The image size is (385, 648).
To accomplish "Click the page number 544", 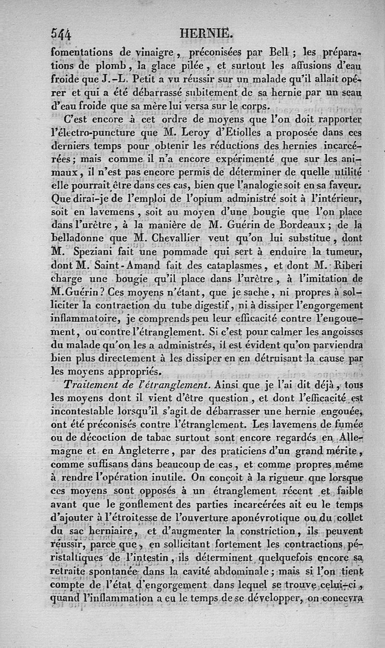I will point(61,34).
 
